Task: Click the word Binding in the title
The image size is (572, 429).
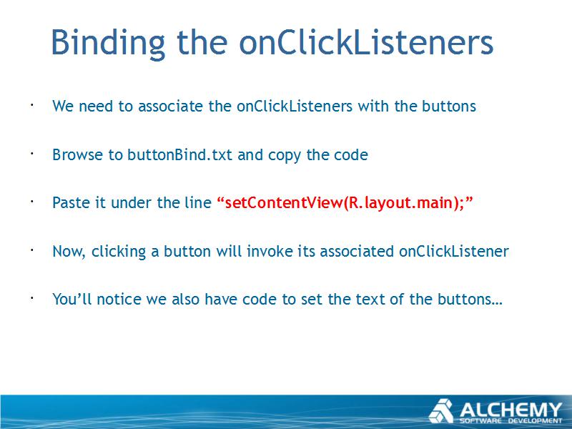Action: tap(108, 43)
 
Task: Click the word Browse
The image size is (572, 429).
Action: tap(77, 154)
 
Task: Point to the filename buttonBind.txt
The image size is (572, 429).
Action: tap(179, 154)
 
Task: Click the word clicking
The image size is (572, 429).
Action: tap(118, 252)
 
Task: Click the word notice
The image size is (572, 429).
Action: tap(119, 299)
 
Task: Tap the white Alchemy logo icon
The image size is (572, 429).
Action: tap(441, 411)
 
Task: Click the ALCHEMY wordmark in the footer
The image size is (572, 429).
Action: tap(511, 410)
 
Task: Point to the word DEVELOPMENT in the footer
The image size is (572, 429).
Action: tap(535, 421)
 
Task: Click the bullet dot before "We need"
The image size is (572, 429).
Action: tap(32, 105)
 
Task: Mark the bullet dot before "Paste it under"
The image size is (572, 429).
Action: tap(32, 202)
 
